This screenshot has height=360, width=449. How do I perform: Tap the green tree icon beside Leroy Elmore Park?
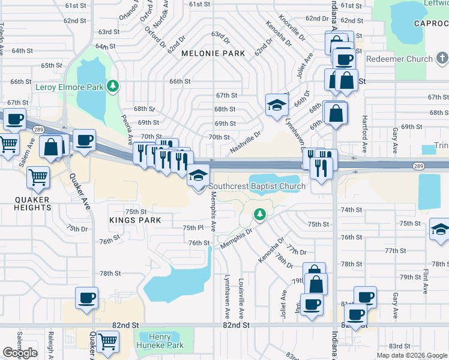tap(112, 87)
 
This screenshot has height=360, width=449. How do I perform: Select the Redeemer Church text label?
tap(399, 59)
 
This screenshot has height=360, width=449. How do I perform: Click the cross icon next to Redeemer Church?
tap(442, 58)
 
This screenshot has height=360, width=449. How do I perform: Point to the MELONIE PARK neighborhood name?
tap(213, 53)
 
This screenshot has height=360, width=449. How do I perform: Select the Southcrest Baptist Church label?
tap(258, 186)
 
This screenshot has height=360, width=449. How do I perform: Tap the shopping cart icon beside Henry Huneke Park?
tap(107, 341)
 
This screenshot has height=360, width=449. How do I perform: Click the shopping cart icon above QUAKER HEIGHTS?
tap(38, 177)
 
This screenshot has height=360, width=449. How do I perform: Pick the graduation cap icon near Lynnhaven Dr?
tap(277, 104)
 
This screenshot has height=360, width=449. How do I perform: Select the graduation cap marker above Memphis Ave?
tap(197, 175)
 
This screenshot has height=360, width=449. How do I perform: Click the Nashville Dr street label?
tap(244, 143)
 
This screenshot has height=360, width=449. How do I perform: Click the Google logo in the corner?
tap(20, 353)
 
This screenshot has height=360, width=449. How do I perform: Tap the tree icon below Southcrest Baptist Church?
tap(259, 214)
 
